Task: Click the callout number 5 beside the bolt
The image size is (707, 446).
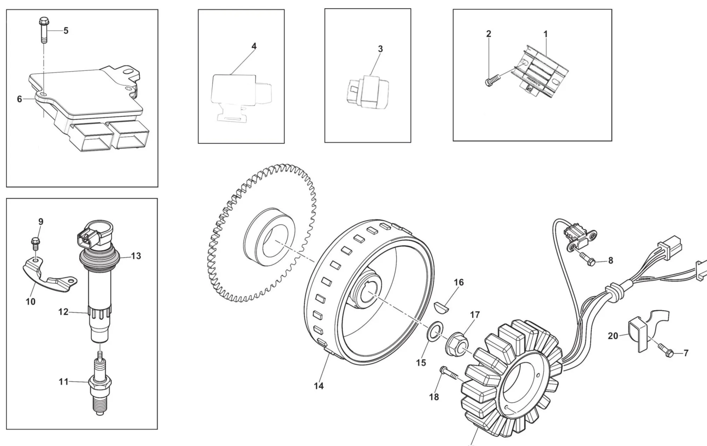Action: (x=66, y=31)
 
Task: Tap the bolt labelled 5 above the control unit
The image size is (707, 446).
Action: (x=44, y=28)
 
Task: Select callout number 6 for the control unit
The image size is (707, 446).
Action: (x=19, y=99)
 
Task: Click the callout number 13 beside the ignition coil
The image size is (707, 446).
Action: (x=136, y=256)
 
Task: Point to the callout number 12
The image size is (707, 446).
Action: (x=63, y=312)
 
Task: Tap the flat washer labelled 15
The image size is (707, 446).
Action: (x=434, y=335)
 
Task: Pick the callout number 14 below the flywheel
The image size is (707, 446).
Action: (x=319, y=386)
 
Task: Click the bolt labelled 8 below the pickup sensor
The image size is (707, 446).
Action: (x=586, y=260)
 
